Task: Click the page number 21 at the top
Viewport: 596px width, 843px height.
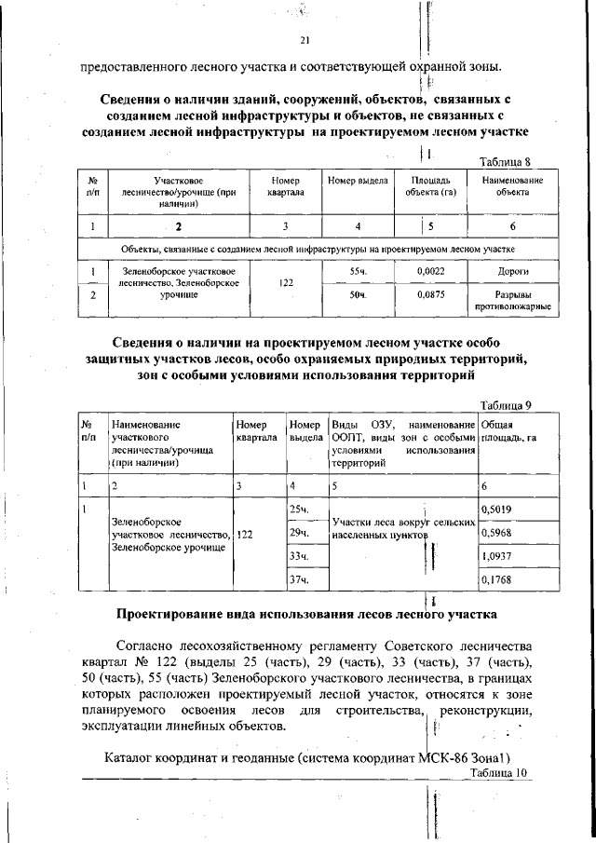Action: [305, 40]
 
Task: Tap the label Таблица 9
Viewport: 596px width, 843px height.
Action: [505, 404]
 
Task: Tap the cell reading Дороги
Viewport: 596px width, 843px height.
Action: [513, 270]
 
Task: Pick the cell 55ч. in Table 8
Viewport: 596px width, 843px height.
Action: [358, 270]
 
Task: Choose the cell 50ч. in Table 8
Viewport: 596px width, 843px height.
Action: [358, 295]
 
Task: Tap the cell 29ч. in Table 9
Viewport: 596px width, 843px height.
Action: [299, 533]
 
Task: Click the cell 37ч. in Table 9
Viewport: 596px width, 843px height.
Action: [299, 580]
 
